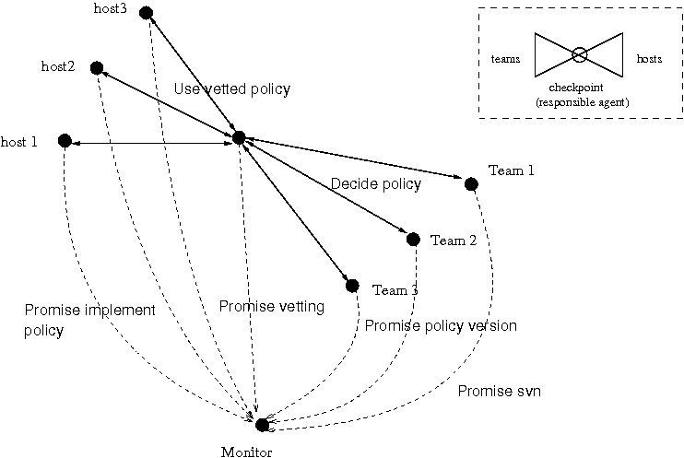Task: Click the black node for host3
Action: click(147, 13)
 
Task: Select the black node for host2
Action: click(97, 68)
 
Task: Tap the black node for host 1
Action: click(65, 141)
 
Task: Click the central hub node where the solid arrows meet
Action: click(239, 138)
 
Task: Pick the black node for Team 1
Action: click(471, 184)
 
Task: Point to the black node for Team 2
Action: click(413, 240)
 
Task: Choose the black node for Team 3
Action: click(352, 287)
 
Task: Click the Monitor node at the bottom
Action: click(262, 425)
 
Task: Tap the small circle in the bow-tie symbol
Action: click(579, 55)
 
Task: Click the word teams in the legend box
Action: click(505, 59)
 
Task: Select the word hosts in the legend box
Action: click(649, 58)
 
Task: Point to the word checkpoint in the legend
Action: click(576, 88)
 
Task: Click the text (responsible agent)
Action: click(583, 102)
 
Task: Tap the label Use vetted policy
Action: click(232, 89)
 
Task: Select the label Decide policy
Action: click(376, 184)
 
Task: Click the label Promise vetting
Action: click(272, 307)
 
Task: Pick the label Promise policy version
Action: click(441, 326)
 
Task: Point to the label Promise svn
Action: click(500, 391)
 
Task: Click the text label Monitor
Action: click(246, 452)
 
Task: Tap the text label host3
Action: click(111, 8)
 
